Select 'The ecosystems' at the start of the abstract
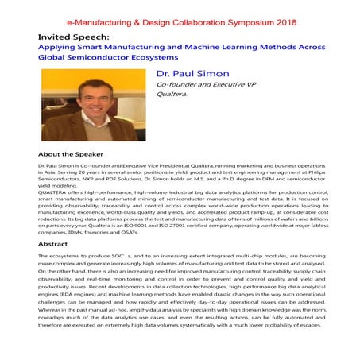click(62, 258)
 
